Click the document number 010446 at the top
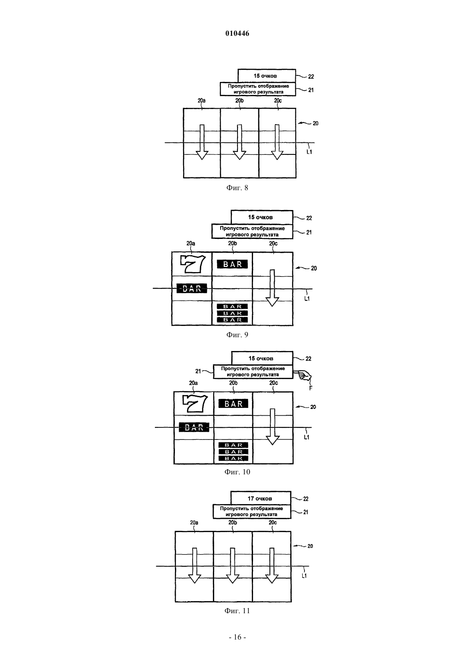(237, 33)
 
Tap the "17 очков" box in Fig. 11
(260, 498)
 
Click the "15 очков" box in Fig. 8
(266, 76)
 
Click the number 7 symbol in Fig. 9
(193, 263)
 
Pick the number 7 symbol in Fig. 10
(195, 403)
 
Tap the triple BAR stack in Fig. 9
(232, 313)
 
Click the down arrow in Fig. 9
(272, 288)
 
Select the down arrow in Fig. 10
(272, 426)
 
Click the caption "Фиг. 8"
(237, 188)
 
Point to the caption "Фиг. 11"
(237, 611)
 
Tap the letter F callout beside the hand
(310, 388)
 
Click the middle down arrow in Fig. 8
(239, 142)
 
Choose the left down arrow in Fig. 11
(194, 565)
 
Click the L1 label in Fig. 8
(309, 152)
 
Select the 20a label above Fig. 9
(191, 244)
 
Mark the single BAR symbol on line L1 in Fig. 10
(194, 427)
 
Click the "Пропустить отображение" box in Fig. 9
(252, 231)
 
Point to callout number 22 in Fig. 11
(306, 499)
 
